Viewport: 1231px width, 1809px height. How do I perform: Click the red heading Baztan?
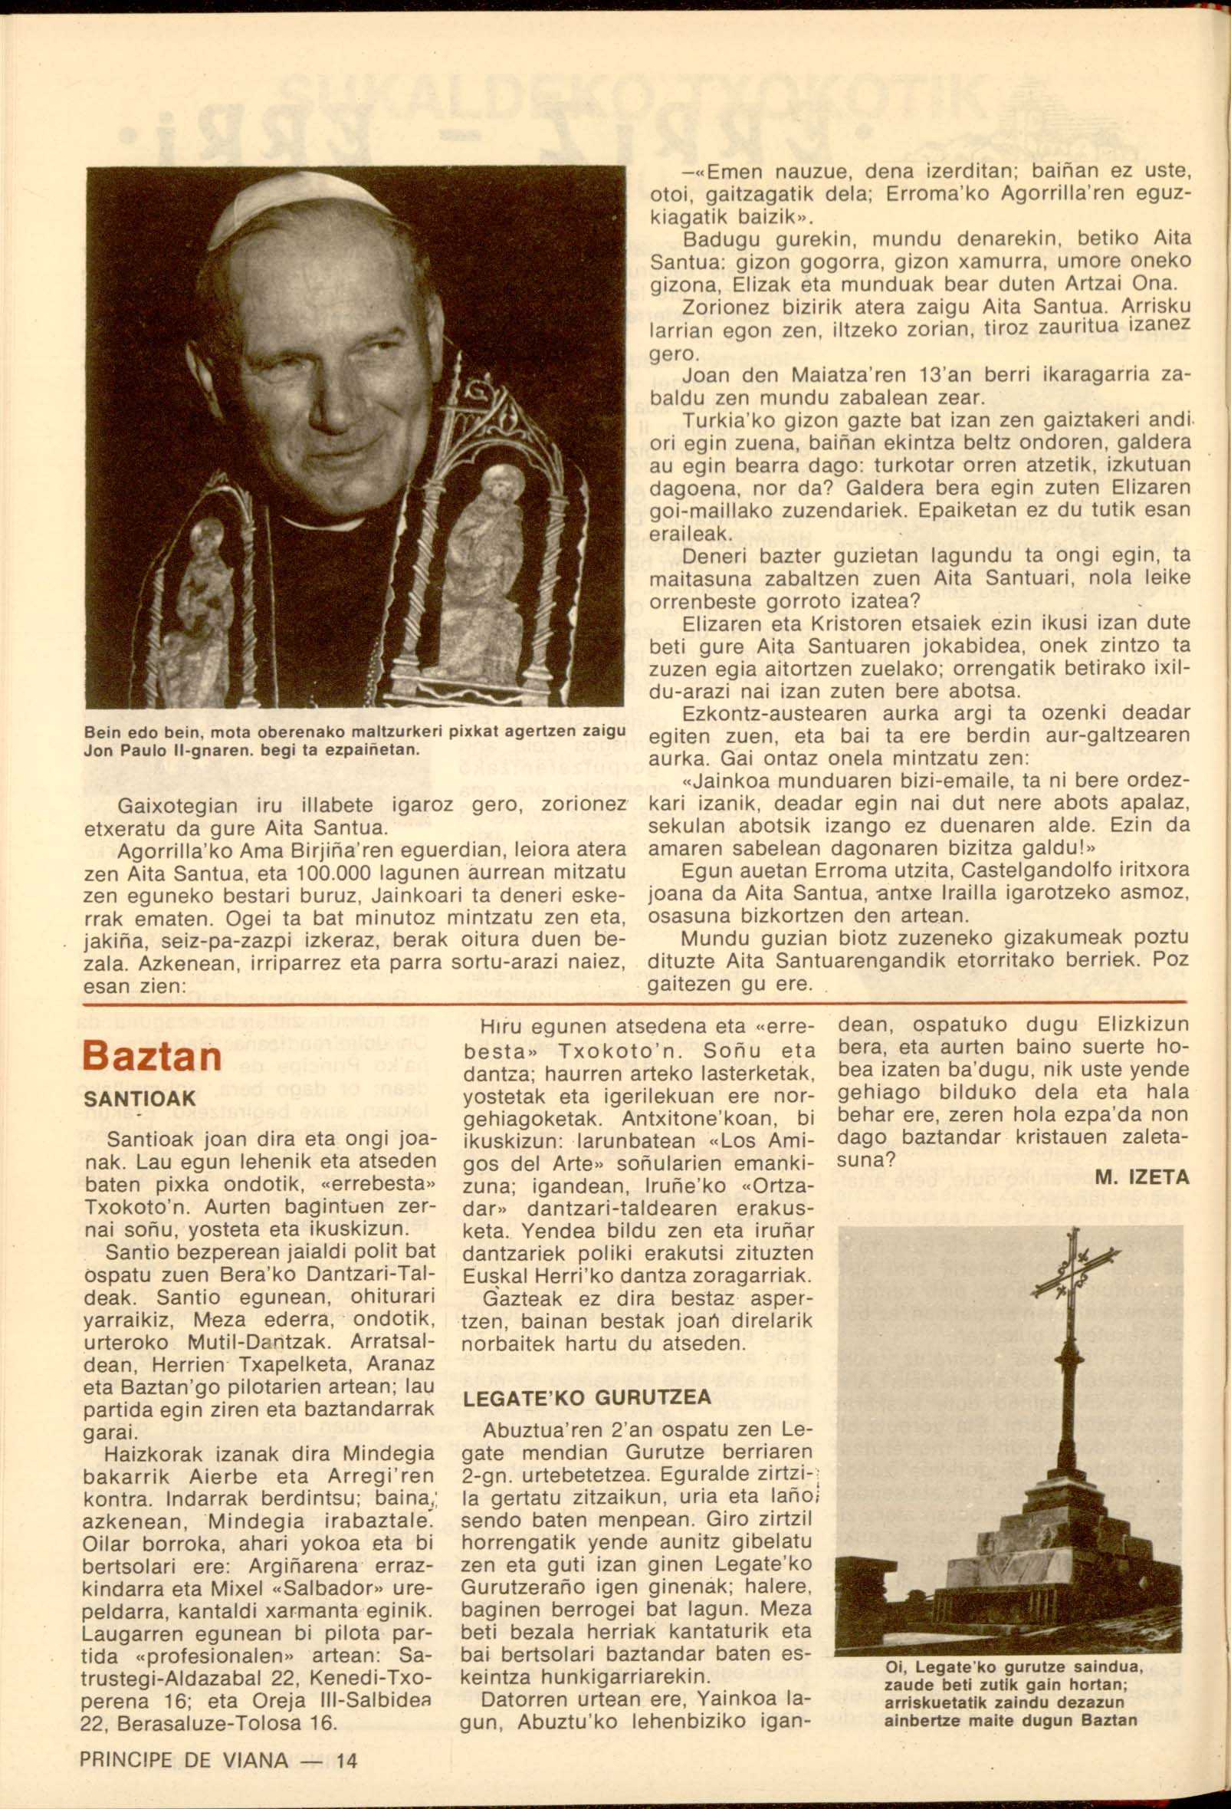click(152, 1055)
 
